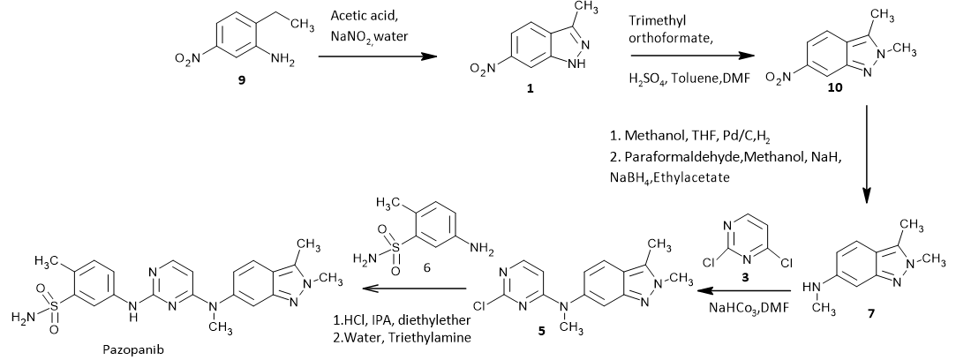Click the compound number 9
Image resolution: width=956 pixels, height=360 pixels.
(x=230, y=80)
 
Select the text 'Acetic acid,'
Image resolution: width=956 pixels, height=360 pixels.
(x=363, y=17)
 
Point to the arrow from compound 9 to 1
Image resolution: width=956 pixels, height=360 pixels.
(x=378, y=56)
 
